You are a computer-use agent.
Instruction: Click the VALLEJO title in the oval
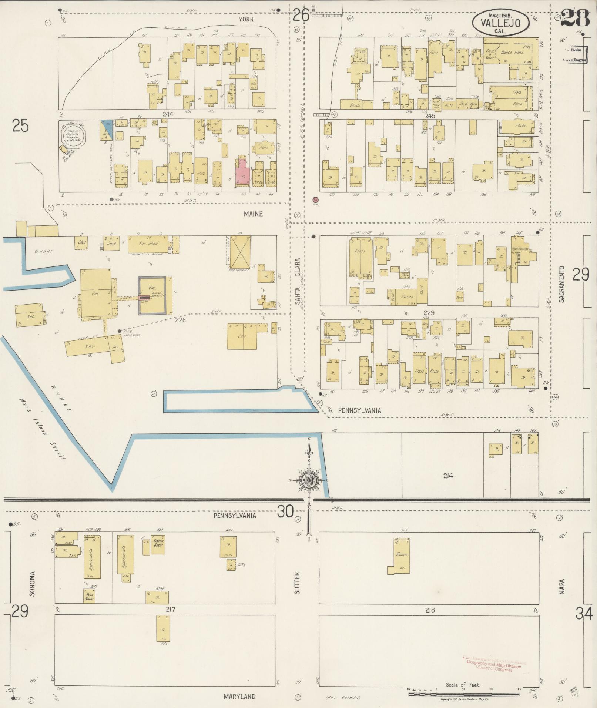500,23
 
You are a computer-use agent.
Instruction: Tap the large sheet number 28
574,17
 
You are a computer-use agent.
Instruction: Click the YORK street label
246,19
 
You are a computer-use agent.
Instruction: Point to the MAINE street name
254,214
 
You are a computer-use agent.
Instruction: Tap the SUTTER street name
297,583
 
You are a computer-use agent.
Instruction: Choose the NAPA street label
562,587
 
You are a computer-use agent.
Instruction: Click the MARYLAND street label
239,697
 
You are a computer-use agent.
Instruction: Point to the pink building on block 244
243,171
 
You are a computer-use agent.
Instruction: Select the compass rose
308,480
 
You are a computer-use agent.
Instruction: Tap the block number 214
448,476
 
